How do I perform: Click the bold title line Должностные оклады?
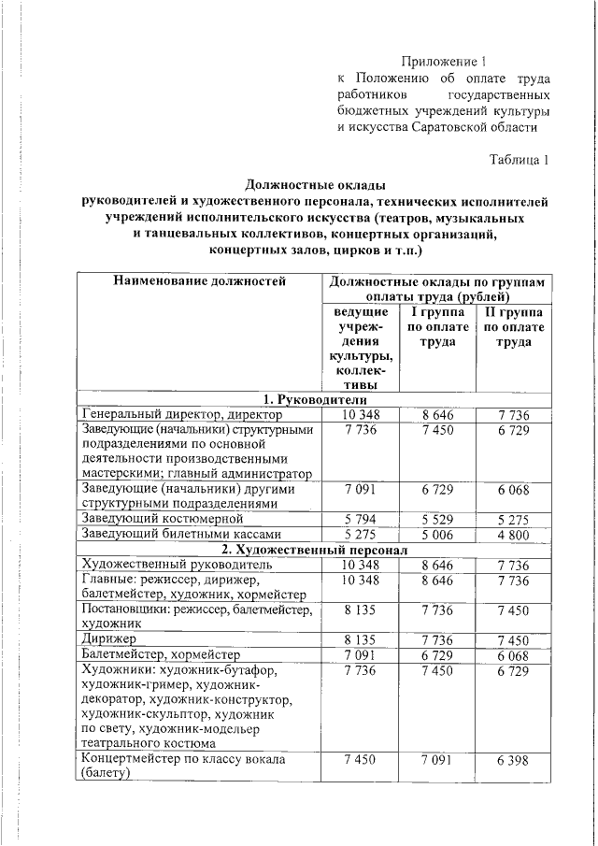(x=315, y=184)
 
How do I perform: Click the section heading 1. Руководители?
(x=315, y=399)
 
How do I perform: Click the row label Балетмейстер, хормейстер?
(x=161, y=654)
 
